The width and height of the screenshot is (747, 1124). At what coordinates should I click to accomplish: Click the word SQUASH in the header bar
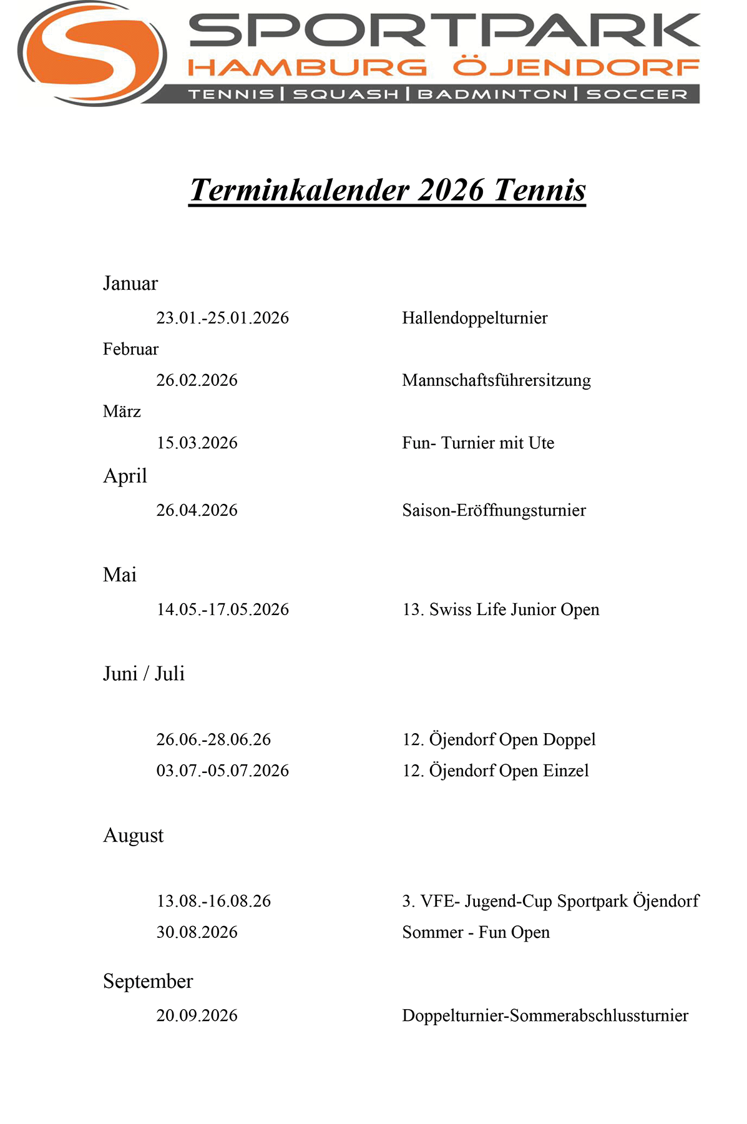click(x=346, y=94)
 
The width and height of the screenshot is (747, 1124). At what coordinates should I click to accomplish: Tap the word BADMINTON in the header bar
click(x=492, y=94)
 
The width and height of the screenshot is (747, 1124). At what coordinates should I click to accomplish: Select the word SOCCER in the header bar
click(x=637, y=94)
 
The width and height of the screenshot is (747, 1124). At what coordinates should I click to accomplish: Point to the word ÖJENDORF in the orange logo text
click(x=576, y=67)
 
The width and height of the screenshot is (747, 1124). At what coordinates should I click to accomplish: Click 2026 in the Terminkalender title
click(x=451, y=190)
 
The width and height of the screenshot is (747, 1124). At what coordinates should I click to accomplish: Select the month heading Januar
click(x=130, y=283)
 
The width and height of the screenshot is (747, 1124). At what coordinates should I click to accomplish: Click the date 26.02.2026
click(x=197, y=380)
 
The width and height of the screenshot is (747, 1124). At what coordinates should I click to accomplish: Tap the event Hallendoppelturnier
click(x=475, y=318)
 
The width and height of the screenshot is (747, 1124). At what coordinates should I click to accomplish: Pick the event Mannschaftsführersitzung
click(x=497, y=380)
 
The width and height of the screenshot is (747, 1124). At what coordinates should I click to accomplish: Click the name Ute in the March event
click(x=542, y=443)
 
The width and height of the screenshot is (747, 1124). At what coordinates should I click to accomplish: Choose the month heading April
click(x=125, y=476)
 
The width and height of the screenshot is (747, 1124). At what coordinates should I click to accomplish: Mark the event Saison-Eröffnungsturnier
click(x=494, y=510)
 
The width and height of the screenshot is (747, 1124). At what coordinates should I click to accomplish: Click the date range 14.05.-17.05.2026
click(x=223, y=609)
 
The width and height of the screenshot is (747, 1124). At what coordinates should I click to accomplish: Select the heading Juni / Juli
click(x=144, y=674)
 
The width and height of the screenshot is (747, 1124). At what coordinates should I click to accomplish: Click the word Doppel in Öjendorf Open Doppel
click(x=569, y=739)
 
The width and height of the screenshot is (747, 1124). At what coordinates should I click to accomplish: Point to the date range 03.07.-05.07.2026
click(x=223, y=771)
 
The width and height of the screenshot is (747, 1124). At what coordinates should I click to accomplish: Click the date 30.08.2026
click(x=197, y=932)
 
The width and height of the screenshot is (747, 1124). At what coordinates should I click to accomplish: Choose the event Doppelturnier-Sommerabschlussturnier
click(x=545, y=1016)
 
